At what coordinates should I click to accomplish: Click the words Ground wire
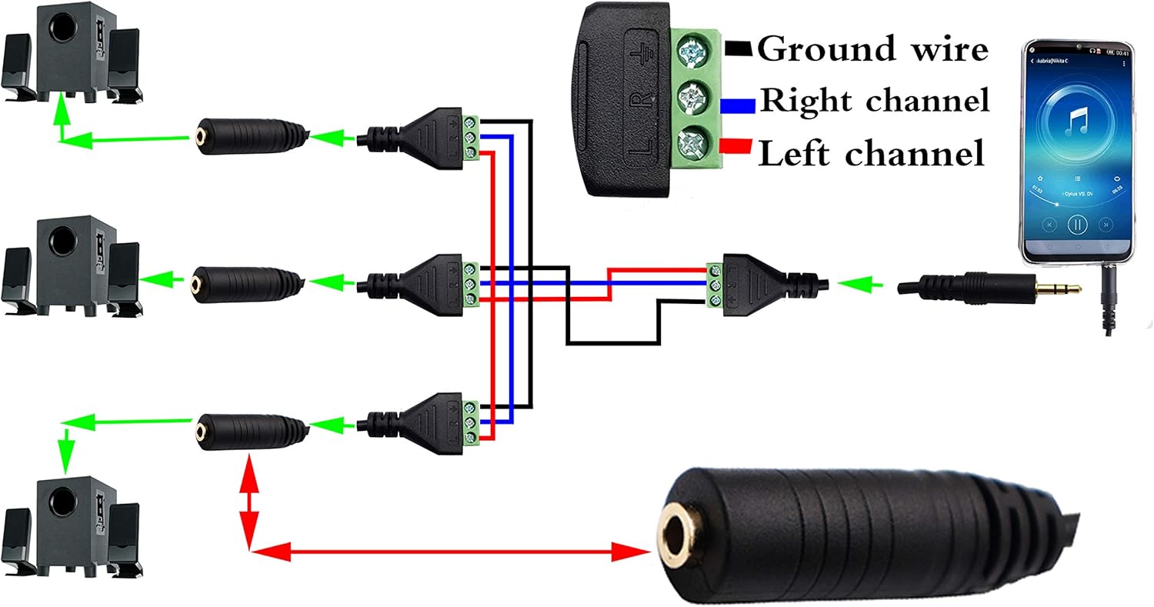tap(872, 49)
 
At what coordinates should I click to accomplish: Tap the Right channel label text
tap(874, 101)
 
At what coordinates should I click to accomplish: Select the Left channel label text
tap(872, 153)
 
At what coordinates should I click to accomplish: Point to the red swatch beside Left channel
tap(737, 145)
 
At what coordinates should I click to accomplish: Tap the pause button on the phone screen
tap(1077, 225)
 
